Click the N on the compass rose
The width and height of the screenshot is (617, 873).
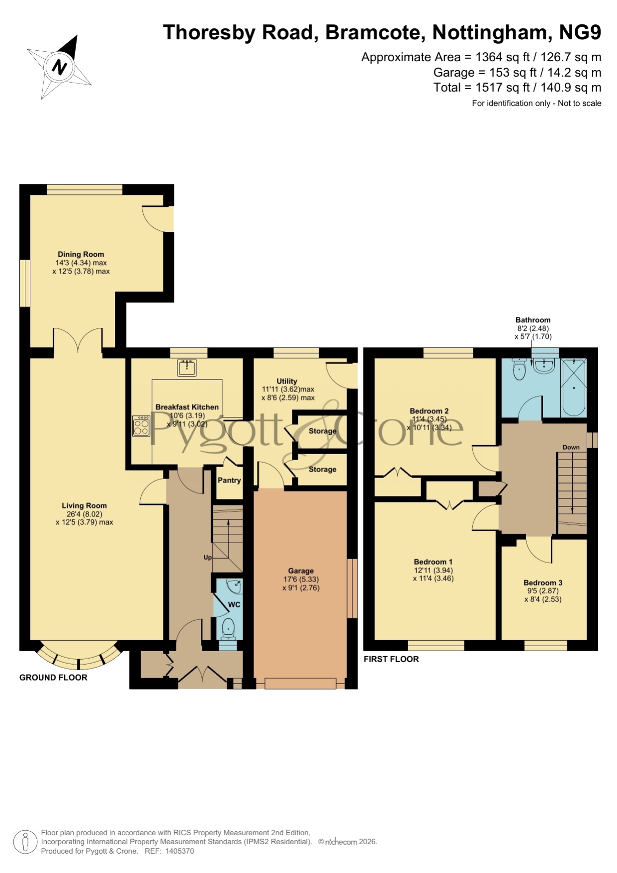click(60, 67)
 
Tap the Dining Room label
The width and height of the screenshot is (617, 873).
click(81, 254)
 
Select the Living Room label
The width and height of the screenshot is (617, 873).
click(84, 505)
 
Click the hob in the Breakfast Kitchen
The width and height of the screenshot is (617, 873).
click(141, 426)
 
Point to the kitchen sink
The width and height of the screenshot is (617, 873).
click(187, 368)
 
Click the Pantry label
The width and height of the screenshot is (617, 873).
click(229, 480)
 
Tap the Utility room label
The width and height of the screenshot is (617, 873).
click(287, 381)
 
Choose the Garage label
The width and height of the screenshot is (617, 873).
click(301, 571)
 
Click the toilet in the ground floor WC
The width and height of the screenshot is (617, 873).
click(229, 628)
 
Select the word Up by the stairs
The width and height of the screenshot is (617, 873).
click(208, 557)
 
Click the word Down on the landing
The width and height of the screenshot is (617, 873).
click(571, 447)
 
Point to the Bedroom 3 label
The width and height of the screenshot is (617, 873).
click(543, 582)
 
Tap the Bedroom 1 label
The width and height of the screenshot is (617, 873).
click(433, 562)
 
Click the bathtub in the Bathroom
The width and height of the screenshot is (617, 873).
click(574, 388)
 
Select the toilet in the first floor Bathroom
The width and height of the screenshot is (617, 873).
click(519, 369)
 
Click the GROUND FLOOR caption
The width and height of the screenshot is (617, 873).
click(53, 678)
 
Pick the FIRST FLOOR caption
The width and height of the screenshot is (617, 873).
click(391, 659)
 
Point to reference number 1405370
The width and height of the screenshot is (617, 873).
click(179, 851)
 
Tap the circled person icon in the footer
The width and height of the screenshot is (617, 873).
click(25, 842)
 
